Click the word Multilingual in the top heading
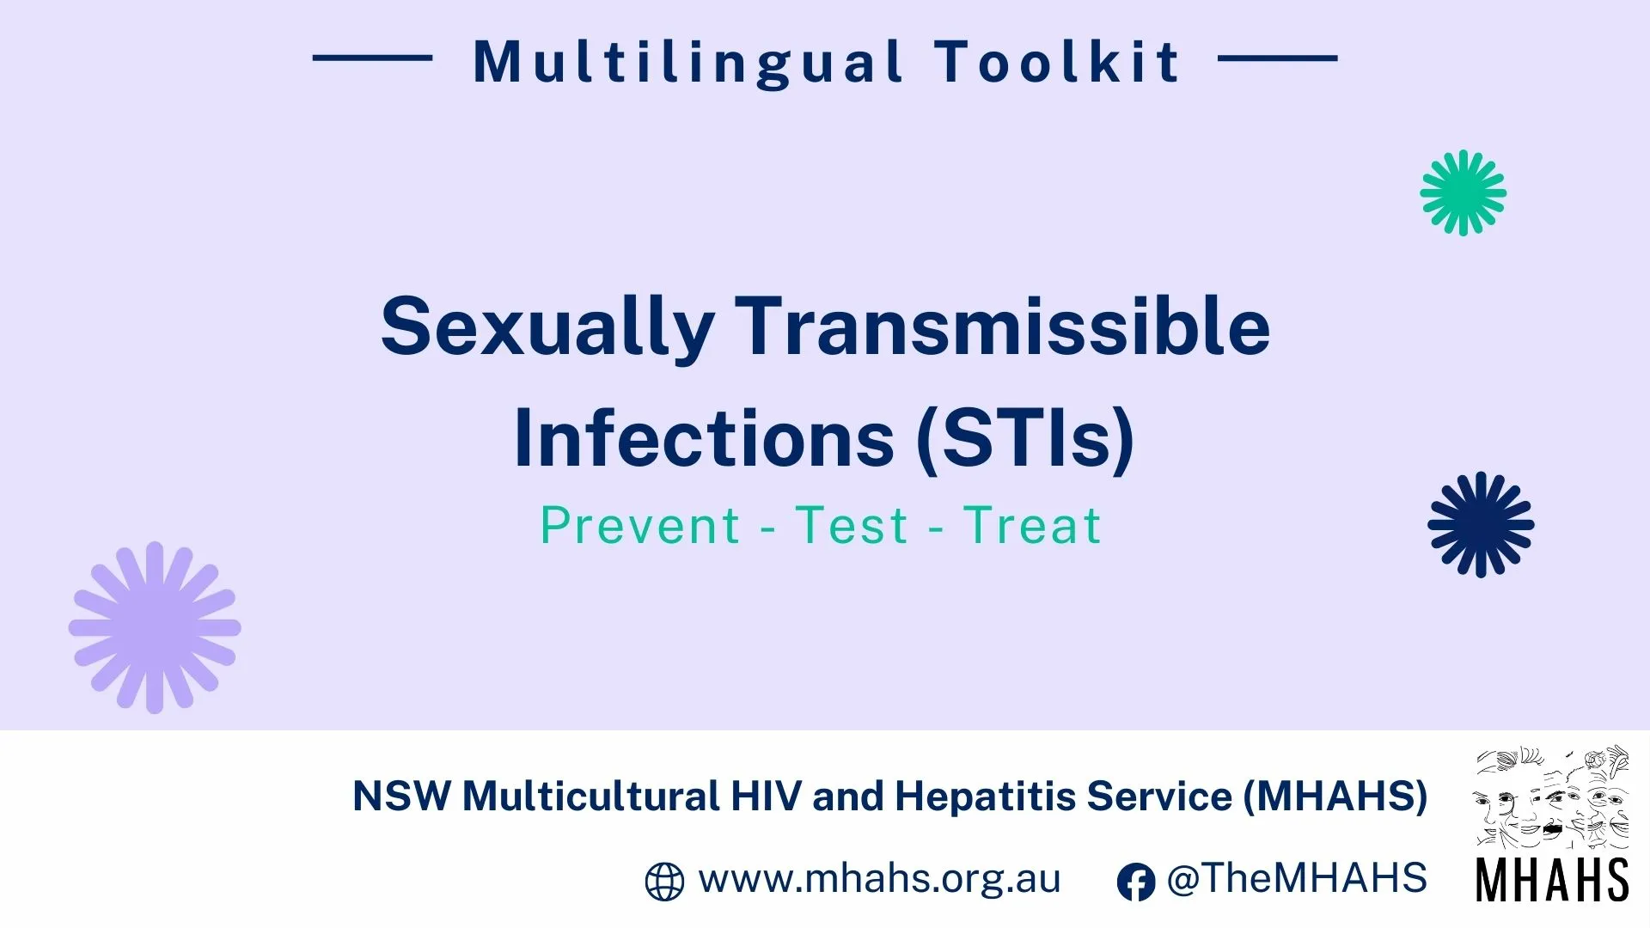(x=688, y=63)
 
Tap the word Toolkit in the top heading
(x=1058, y=62)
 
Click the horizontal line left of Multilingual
(x=372, y=58)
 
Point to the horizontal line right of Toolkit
(x=1278, y=58)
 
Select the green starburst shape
(x=1463, y=192)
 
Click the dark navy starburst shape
(x=1481, y=524)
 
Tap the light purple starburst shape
(x=155, y=627)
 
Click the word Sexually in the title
(x=547, y=328)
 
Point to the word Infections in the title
(x=704, y=438)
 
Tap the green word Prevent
(x=639, y=525)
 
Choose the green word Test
(x=851, y=525)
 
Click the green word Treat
(x=1031, y=525)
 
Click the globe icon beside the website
(x=664, y=882)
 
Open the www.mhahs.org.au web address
(x=879, y=879)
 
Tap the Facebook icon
(x=1135, y=882)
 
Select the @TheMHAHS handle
(x=1297, y=879)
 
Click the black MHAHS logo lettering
(x=1552, y=879)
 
